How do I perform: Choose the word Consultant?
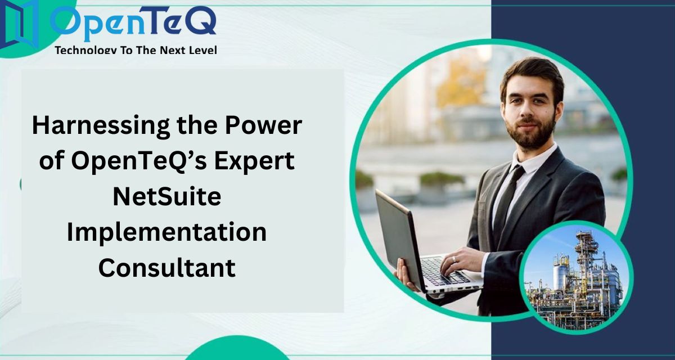point(167,267)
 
